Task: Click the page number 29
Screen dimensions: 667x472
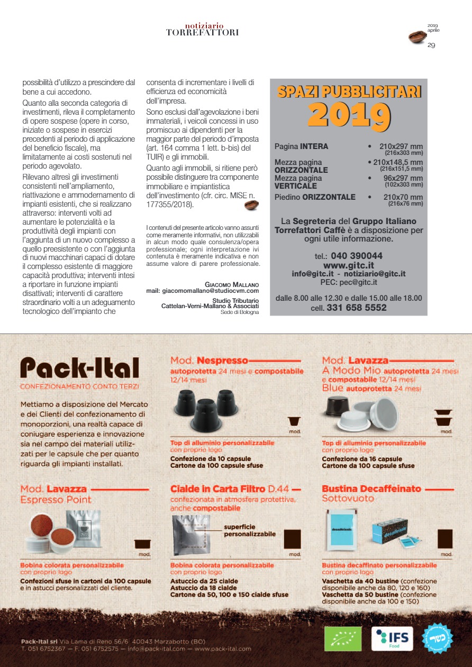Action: tap(431, 45)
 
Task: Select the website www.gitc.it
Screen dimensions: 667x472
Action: tap(348, 265)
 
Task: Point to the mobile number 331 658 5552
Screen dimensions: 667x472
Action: tap(357, 308)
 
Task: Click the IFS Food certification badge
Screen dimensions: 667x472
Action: tap(392, 638)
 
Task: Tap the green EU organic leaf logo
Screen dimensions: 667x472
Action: tap(343, 638)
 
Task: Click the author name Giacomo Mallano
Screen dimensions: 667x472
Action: tap(232, 284)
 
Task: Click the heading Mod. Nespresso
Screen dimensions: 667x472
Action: tap(209, 361)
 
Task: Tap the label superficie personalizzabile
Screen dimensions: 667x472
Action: tap(250, 530)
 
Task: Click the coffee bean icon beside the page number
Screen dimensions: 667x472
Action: tap(417, 37)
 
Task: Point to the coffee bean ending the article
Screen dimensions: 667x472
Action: tap(251, 205)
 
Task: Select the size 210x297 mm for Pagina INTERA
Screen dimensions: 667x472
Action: tap(401, 146)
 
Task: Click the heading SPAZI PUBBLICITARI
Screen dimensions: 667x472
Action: tap(349, 92)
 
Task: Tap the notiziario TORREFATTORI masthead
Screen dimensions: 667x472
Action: tap(203, 29)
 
